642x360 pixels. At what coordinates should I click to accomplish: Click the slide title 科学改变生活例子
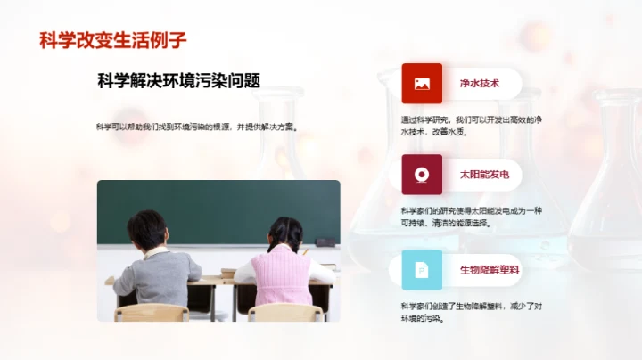click(113, 40)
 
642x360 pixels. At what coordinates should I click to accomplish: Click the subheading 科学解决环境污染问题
click(178, 81)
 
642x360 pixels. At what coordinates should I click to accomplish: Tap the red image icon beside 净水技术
click(422, 84)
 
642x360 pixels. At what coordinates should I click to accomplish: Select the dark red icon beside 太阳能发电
click(422, 175)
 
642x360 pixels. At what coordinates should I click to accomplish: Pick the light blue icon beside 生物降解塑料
click(422, 269)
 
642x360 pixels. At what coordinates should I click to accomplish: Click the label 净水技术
click(478, 84)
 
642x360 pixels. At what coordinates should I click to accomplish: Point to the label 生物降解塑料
click(489, 269)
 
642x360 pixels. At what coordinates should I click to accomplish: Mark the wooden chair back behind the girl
click(284, 313)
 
